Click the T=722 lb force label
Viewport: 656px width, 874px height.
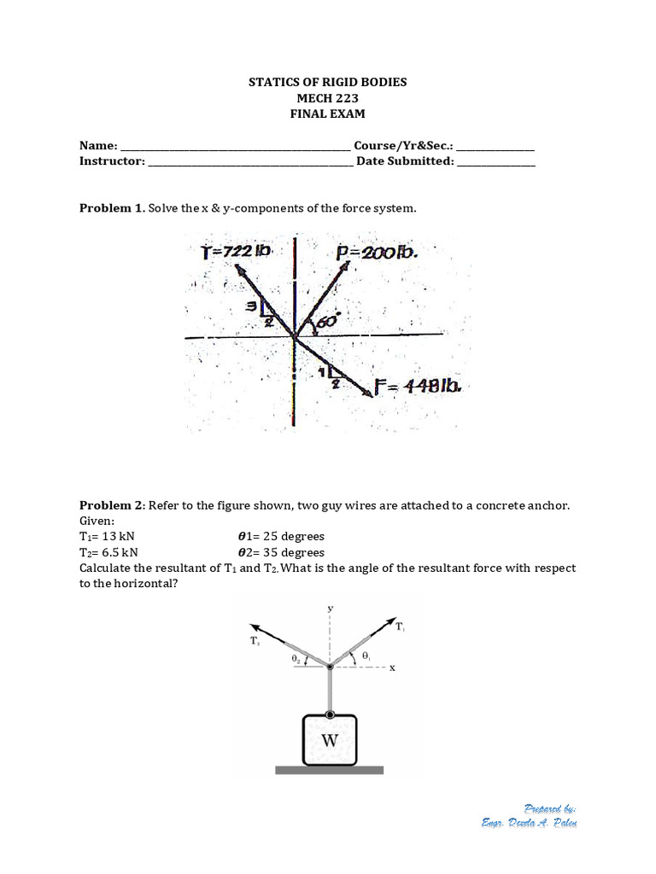pyautogui.click(x=236, y=251)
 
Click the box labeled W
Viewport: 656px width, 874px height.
pyautogui.click(x=329, y=740)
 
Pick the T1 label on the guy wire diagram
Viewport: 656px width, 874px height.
pyautogui.click(x=400, y=626)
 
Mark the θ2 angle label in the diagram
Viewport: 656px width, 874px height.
pyautogui.click(x=295, y=658)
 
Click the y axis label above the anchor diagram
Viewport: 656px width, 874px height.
pyautogui.click(x=330, y=608)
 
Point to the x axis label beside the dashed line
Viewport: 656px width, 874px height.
pyautogui.click(x=393, y=668)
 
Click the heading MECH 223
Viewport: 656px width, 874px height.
pyautogui.click(x=328, y=98)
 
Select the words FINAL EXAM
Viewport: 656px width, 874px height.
pyautogui.click(x=328, y=114)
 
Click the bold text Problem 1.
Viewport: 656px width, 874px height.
pyautogui.click(x=112, y=208)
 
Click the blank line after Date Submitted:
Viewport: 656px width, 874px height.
pyautogui.click(x=496, y=161)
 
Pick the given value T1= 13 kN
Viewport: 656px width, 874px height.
pyautogui.click(x=108, y=537)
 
